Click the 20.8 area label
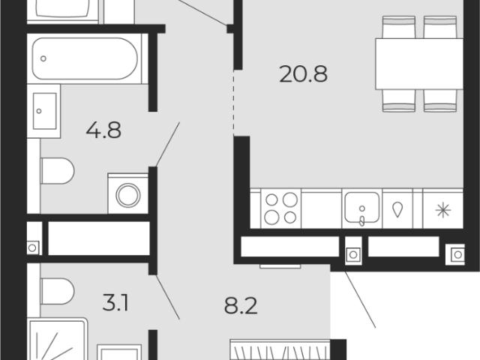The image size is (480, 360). [303, 74]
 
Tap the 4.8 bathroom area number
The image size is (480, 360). [103, 130]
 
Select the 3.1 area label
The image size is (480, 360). [115, 303]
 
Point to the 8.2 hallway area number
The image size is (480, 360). [241, 306]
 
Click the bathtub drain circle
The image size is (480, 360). [43, 58]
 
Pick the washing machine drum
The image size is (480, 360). [128, 195]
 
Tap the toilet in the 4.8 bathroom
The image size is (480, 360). [57, 171]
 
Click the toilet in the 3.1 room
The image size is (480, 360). [57, 291]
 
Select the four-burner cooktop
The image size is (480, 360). [280, 208]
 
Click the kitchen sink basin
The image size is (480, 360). [362, 207]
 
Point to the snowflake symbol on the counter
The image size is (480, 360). [443, 210]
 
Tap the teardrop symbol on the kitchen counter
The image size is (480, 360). [397, 210]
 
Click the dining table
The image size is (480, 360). [419, 64]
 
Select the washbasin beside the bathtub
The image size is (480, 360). [45, 111]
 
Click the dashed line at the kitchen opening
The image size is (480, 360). [234, 103]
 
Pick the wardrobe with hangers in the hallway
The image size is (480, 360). [280, 349]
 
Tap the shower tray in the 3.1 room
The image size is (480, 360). [57, 339]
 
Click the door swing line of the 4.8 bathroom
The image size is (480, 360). [168, 145]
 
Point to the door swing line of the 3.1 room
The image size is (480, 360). [168, 297]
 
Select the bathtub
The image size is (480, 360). [85, 58]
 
